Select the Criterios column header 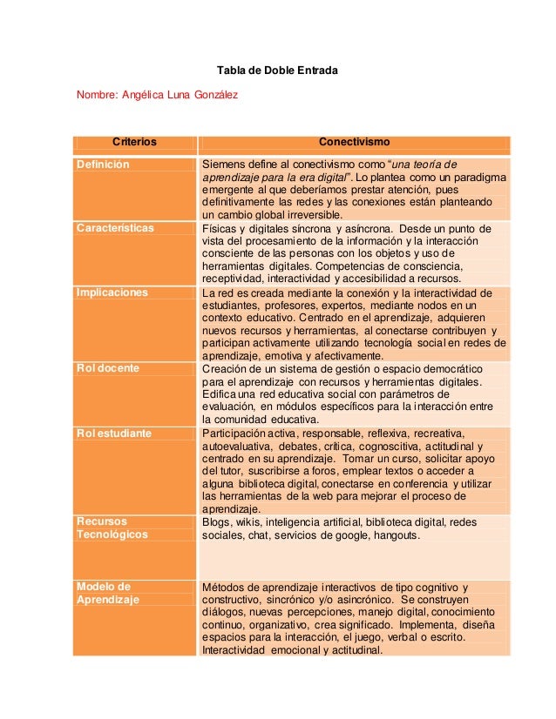tap(139, 142)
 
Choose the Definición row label tap(103, 165)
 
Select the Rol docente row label tap(107, 368)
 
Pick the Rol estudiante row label tap(113, 433)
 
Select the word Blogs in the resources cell tap(216, 522)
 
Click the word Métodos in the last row tap(224, 587)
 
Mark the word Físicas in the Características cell tap(220, 228)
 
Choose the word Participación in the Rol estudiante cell tap(235, 433)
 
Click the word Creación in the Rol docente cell tap(225, 368)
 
